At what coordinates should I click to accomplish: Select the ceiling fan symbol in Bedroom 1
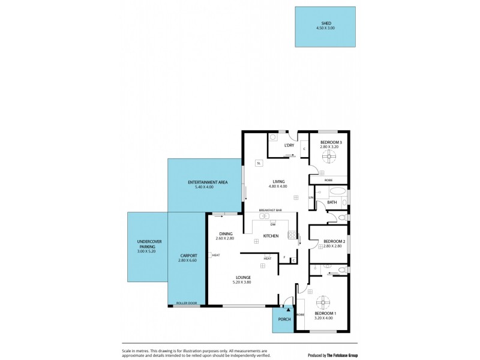[x=325, y=302]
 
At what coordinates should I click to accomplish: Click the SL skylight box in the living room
[x=259, y=163]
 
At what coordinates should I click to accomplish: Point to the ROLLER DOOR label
[x=186, y=303]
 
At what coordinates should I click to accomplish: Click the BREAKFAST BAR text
[x=270, y=210]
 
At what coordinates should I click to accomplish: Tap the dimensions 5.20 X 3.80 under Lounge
[x=242, y=282]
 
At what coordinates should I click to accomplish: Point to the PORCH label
[x=284, y=319]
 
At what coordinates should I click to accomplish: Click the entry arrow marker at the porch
[x=288, y=309]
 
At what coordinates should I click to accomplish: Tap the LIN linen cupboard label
[x=311, y=197]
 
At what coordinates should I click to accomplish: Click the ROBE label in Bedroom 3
[x=328, y=179]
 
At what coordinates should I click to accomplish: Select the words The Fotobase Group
[x=342, y=354]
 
